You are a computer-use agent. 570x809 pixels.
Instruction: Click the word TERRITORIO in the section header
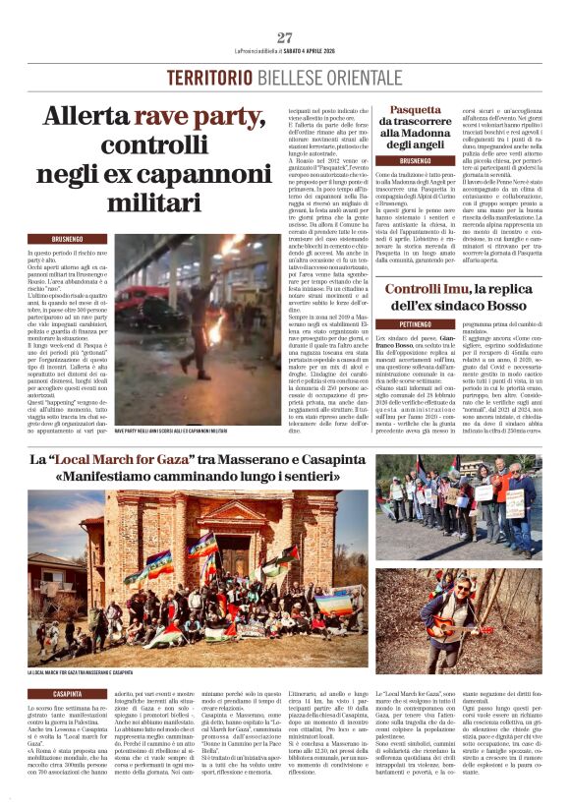coord(207,77)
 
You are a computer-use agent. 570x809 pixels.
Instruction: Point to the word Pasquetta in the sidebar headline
coord(415,110)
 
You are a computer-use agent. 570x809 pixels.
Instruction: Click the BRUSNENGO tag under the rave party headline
coord(67,239)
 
